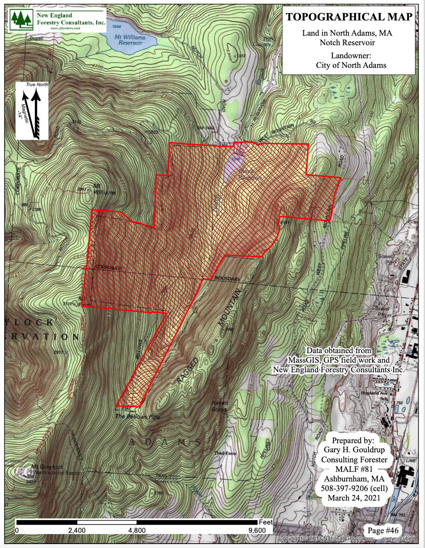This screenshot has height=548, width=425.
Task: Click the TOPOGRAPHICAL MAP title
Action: [x=349, y=17]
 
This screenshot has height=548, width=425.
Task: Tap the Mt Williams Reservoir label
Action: [x=130, y=40]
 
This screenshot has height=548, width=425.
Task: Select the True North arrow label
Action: [x=37, y=84]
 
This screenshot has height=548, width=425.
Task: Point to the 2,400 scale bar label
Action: [x=77, y=531]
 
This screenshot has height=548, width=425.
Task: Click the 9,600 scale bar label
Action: [x=257, y=531]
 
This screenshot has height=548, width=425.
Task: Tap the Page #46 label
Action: [x=383, y=530]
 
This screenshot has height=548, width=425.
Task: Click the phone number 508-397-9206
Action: [x=354, y=488]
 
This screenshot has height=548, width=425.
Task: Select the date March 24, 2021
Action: [x=354, y=498]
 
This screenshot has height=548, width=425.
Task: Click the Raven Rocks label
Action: [x=219, y=406]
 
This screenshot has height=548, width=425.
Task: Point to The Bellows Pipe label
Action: [x=138, y=417]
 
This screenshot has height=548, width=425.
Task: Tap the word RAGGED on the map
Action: [x=188, y=371]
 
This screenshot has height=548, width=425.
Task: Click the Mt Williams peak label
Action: [x=104, y=190]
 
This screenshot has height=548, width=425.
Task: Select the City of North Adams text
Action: [x=351, y=65]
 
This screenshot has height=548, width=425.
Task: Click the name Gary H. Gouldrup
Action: [x=354, y=450]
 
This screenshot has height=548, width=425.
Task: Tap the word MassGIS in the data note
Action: [x=304, y=360]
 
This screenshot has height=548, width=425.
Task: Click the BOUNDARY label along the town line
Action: [x=227, y=278]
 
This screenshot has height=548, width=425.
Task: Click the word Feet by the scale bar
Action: [x=266, y=522]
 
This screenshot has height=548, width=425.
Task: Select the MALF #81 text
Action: [x=354, y=469]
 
